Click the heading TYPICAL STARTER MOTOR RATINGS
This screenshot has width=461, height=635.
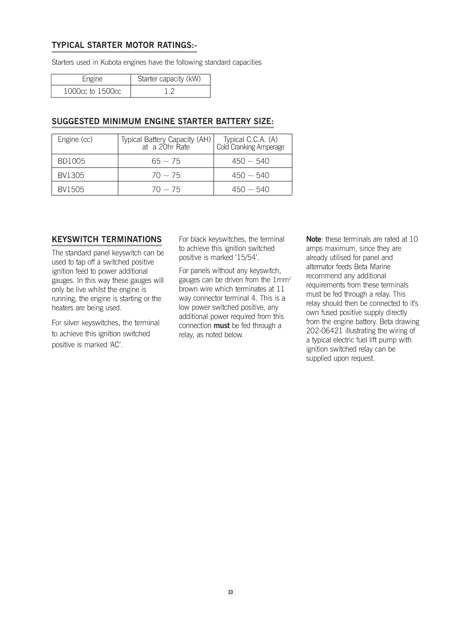tap(124, 45)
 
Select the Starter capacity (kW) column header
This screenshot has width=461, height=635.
tap(169, 79)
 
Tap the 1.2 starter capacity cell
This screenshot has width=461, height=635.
tap(169, 91)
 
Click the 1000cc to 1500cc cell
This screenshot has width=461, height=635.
tap(92, 91)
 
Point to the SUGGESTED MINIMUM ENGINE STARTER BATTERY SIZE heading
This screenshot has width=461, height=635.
tap(162, 121)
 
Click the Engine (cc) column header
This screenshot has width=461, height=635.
tap(75, 140)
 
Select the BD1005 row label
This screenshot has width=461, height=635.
tap(71, 161)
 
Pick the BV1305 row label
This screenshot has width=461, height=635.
tap(71, 175)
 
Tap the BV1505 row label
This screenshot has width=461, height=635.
tap(71, 189)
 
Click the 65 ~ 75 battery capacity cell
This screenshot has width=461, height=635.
tap(166, 161)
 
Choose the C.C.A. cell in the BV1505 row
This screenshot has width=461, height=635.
tap(250, 189)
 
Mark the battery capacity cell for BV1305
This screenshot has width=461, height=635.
tap(166, 175)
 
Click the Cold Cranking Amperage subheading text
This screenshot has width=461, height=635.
tap(250, 147)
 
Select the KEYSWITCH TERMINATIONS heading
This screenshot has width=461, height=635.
tap(107, 239)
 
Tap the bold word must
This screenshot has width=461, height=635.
tap(221, 326)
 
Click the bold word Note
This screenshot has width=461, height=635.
tap(314, 239)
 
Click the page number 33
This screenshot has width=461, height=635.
tap(230, 592)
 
